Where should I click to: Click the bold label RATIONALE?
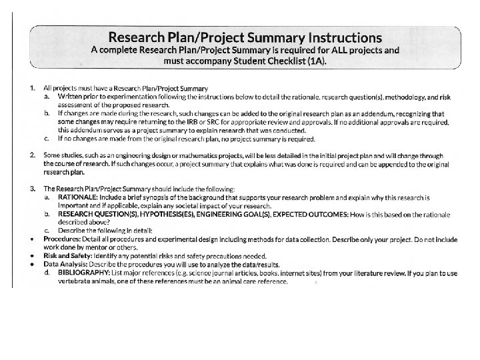coord(79,198)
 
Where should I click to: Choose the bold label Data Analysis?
coord(65,265)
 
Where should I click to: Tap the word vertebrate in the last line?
coord(75,281)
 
